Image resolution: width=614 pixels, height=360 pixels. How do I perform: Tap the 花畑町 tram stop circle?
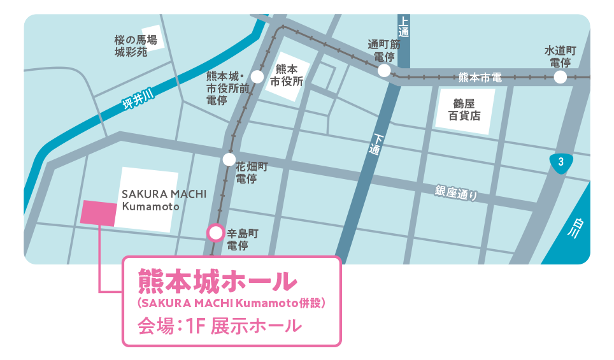pos(229,160)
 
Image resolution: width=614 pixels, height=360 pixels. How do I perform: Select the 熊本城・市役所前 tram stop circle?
pos(257,77)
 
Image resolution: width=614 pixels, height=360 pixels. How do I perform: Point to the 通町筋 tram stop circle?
pos(384,71)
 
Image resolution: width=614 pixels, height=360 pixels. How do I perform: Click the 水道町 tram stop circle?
pos(560,77)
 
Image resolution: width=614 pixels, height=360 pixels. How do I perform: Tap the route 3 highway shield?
pos(560,162)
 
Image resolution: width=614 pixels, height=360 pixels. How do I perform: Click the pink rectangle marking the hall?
pos(99,213)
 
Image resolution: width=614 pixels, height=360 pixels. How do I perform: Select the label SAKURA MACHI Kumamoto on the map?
pos(155,200)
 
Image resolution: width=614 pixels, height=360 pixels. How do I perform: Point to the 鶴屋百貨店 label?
pos(464,110)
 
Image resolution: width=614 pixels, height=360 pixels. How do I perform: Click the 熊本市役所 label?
pos(287,75)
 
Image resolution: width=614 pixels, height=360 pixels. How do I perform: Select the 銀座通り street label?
pos(456,192)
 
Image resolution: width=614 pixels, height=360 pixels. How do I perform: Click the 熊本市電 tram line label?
pos(480,78)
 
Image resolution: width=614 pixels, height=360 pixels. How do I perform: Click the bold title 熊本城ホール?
pos(218,280)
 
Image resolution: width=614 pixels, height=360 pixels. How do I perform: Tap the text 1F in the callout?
pos(195,326)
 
